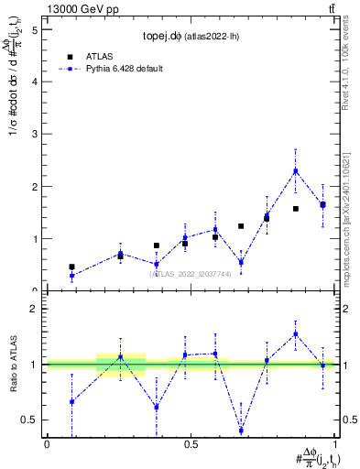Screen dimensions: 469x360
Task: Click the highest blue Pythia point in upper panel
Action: (x=296, y=170)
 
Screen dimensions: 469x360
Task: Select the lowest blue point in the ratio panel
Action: (x=241, y=431)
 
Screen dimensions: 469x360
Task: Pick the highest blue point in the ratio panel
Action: (x=296, y=334)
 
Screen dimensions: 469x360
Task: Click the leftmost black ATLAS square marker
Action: (x=71, y=267)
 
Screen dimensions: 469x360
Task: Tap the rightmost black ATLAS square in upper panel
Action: (x=322, y=205)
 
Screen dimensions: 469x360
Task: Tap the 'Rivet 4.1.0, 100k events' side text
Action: (x=352, y=73)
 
